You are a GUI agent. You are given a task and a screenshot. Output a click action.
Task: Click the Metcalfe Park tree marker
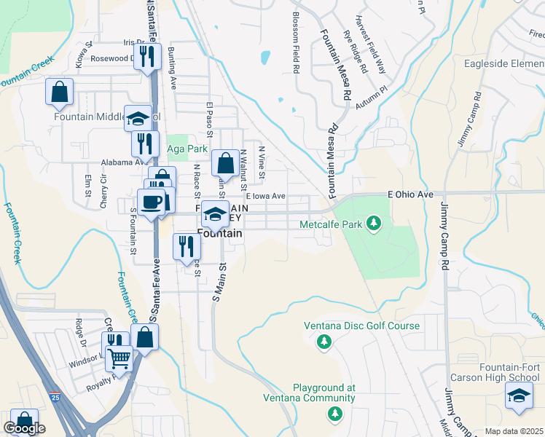(374, 222)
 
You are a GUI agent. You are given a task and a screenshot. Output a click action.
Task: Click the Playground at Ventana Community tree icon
(334, 414)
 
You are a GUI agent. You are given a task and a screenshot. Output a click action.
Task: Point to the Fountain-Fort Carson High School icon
(517, 395)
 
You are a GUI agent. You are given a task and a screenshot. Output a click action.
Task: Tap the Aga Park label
(183, 149)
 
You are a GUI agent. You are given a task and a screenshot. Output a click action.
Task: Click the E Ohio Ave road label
(410, 194)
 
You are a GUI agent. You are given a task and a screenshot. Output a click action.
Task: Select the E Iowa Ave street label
(265, 196)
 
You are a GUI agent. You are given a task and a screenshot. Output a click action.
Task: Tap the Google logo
(24, 428)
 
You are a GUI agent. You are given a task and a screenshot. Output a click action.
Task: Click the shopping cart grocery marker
(119, 357)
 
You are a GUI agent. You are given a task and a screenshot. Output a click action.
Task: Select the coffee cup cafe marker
(152, 202)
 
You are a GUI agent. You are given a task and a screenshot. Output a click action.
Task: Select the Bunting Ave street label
(173, 68)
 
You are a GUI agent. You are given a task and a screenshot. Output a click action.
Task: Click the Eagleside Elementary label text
(504, 63)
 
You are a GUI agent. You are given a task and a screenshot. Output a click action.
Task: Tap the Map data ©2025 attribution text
(514, 431)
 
